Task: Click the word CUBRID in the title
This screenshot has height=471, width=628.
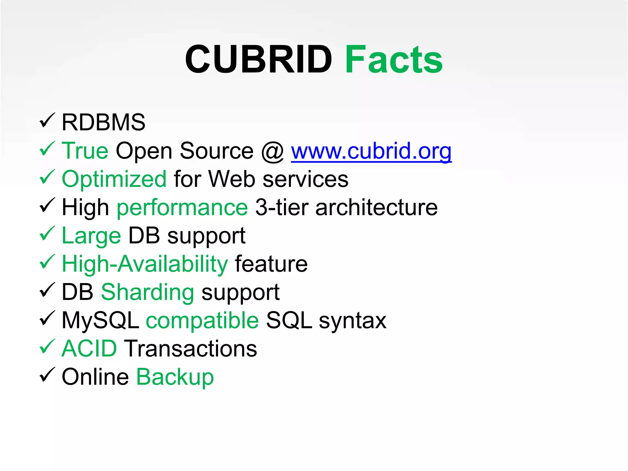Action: pyautogui.click(x=258, y=59)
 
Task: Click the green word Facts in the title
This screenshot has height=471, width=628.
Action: pyautogui.click(x=394, y=59)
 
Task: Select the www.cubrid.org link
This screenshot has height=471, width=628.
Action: pyautogui.click(x=371, y=151)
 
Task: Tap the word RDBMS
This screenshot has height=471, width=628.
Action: pyautogui.click(x=103, y=122)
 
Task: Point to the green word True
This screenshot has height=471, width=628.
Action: pyautogui.click(x=85, y=151)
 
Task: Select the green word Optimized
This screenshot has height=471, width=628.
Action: pyautogui.click(x=114, y=179)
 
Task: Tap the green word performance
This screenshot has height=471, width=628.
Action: pyautogui.click(x=182, y=208)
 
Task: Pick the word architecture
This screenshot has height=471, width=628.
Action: pyautogui.click(x=376, y=207)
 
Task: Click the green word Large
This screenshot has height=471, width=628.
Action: pyautogui.click(x=91, y=236)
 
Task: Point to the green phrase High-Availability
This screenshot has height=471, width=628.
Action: pyautogui.click(x=145, y=264)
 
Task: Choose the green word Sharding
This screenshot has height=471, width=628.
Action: pyautogui.click(x=147, y=293)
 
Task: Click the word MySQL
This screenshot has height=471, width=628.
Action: pyautogui.click(x=100, y=321)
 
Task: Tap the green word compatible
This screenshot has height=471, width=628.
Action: pyautogui.click(x=202, y=321)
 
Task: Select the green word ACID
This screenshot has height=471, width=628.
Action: pyautogui.click(x=89, y=349)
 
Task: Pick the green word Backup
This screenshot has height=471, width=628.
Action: pyautogui.click(x=175, y=377)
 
